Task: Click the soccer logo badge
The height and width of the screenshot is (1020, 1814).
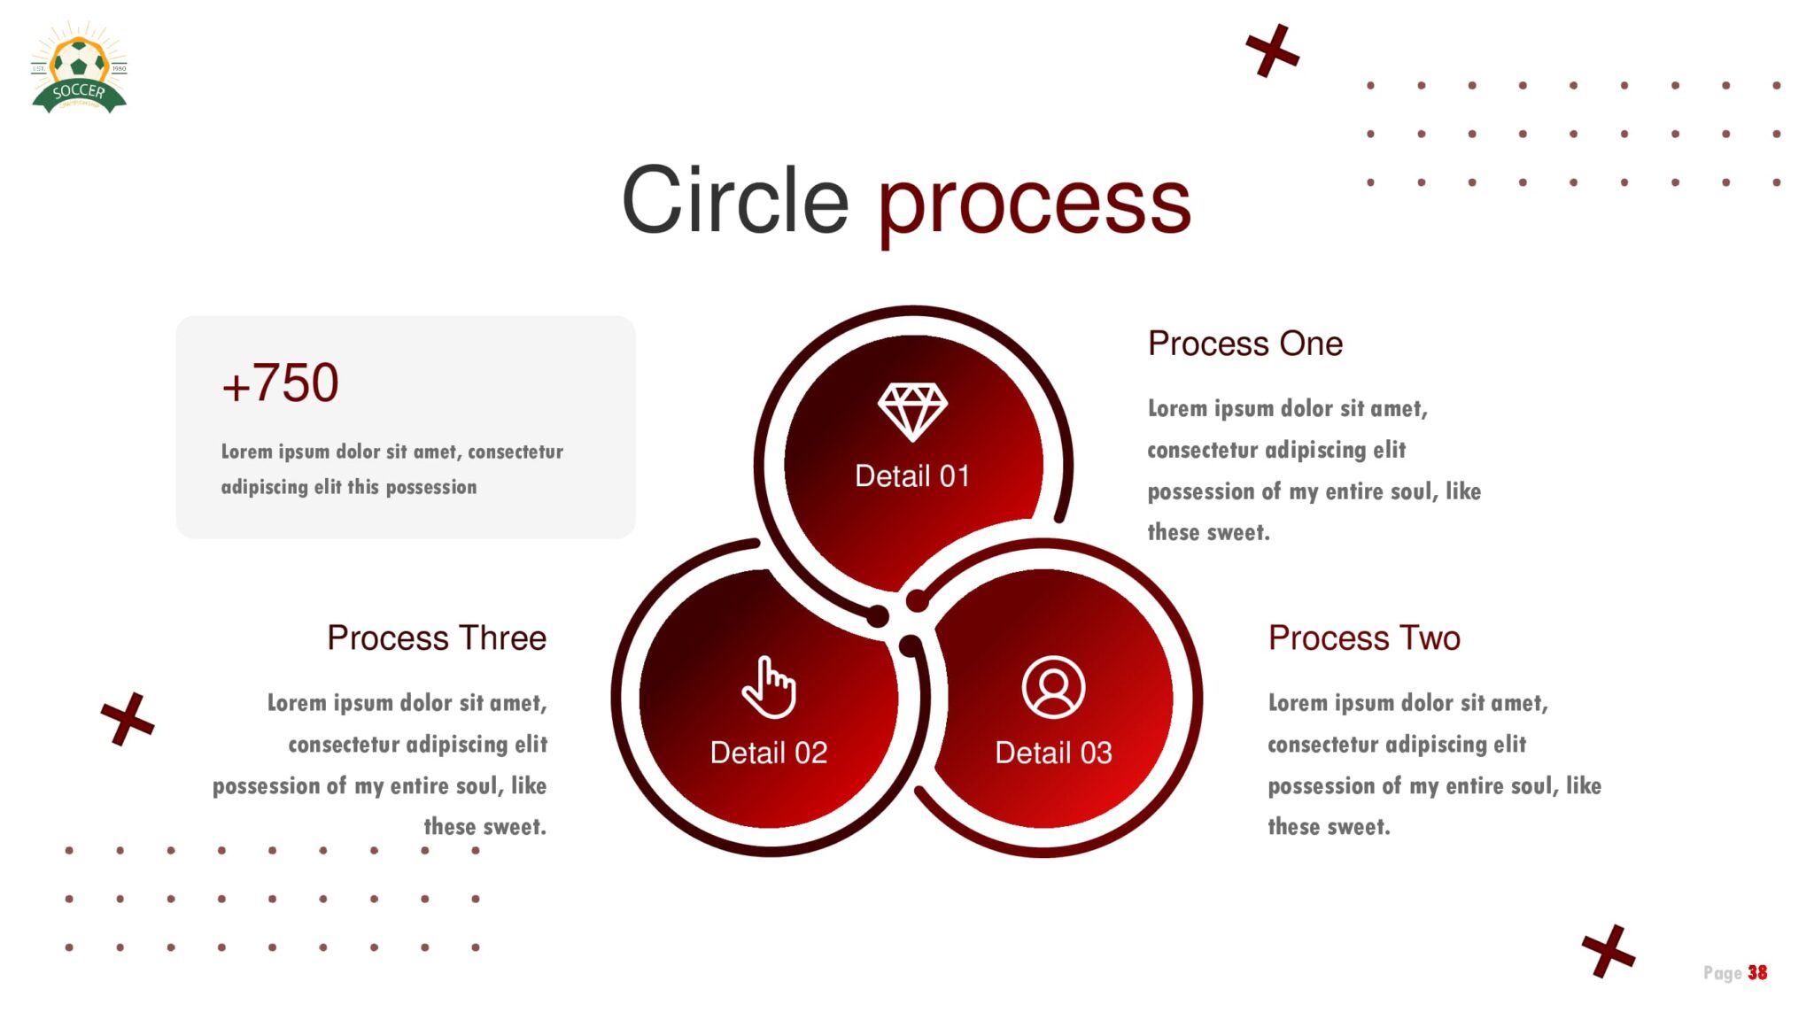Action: pyautogui.click(x=79, y=69)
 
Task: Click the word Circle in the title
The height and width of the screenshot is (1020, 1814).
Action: pyautogui.click(x=735, y=201)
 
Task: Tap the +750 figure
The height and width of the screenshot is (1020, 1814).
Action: pyautogui.click(x=280, y=383)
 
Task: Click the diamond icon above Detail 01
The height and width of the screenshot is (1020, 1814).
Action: pyautogui.click(x=912, y=412)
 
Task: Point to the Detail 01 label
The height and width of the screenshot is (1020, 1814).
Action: pyautogui.click(x=912, y=476)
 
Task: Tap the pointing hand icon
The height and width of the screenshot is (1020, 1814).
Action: pyautogui.click(x=769, y=687)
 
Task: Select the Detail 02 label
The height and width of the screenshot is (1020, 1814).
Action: pyautogui.click(x=769, y=753)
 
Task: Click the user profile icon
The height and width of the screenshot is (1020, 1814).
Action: pyautogui.click(x=1053, y=687)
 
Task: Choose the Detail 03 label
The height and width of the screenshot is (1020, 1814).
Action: pyautogui.click(x=1053, y=753)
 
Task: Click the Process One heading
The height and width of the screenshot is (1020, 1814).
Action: pyautogui.click(x=1245, y=344)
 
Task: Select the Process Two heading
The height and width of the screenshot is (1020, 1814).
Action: pyautogui.click(x=1364, y=637)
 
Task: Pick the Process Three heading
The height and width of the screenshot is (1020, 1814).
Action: pyautogui.click(x=437, y=637)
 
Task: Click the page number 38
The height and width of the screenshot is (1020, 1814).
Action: pyautogui.click(x=1757, y=973)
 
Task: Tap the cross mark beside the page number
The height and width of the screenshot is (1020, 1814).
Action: pyautogui.click(x=1609, y=951)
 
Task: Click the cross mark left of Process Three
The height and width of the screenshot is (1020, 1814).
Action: pyautogui.click(x=128, y=719)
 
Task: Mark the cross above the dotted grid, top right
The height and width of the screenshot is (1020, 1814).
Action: pyautogui.click(x=1273, y=50)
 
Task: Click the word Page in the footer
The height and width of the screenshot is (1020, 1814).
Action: pyautogui.click(x=1723, y=973)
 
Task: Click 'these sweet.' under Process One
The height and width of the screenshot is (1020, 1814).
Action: pyautogui.click(x=1209, y=532)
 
